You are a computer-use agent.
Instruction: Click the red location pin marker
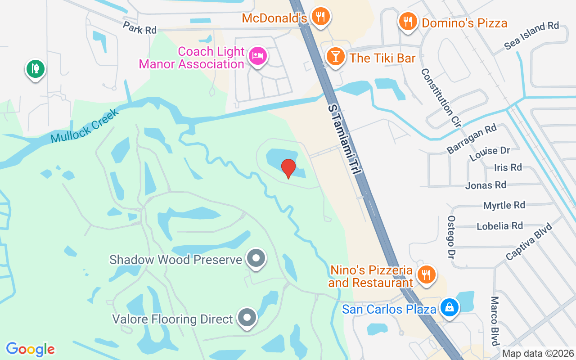pos(288,169)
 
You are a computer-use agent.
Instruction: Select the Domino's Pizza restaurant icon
pos(408,21)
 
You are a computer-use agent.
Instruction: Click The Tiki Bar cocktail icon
pos(335,57)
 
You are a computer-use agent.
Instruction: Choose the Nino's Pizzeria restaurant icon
pos(425,274)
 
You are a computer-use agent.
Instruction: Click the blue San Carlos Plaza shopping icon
pos(449,308)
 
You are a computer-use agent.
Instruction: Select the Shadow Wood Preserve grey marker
pos(256,259)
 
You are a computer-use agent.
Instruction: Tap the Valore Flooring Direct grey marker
pos(247,318)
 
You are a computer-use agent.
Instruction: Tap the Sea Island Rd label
pos(531,35)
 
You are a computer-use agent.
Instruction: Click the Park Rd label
pos(139,28)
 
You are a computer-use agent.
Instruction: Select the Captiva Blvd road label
pos(528,241)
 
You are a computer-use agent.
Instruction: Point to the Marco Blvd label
pos(495,320)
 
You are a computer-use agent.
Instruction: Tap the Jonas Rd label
pos(486,185)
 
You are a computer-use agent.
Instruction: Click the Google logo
pos(30,349)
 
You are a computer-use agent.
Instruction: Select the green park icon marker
pos(35,69)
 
